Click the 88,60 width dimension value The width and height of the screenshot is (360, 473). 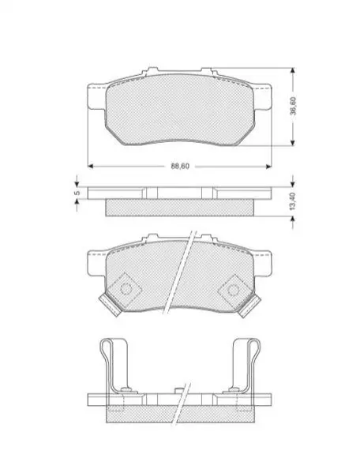(180, 166)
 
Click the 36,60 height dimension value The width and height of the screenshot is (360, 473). (293, 106)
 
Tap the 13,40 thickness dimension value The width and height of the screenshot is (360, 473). (292, 201)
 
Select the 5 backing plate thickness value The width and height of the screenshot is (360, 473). (77, 193)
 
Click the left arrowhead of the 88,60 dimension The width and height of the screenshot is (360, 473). (90, 166)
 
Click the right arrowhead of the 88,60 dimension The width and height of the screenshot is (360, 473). (269, 166)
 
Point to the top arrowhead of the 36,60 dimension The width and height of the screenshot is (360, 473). (292, 70)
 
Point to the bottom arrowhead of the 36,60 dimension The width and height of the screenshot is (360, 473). (292, 143)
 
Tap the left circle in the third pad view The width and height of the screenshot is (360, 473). (126, 289)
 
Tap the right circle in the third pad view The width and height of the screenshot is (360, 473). (233, 290)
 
